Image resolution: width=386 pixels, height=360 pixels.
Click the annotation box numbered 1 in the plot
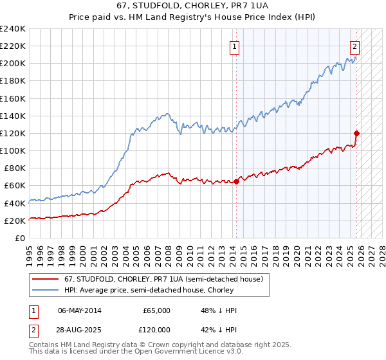click(x=235, y=46)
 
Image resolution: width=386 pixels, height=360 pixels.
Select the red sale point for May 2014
click(x=236, y=181)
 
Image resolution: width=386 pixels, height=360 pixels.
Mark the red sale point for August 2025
click(x=357, y=134)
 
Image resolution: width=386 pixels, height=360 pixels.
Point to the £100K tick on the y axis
click(x=12, y=150)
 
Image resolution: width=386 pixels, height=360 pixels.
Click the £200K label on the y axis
click(x=12, y=64)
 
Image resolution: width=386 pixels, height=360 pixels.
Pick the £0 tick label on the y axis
click(x=20, y=238)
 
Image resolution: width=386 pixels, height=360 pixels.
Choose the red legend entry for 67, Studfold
click(x=163, y=280)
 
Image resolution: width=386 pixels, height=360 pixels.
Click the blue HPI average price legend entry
click(x=158, y=291)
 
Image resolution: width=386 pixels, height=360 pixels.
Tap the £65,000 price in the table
click(x=157, y=310)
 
